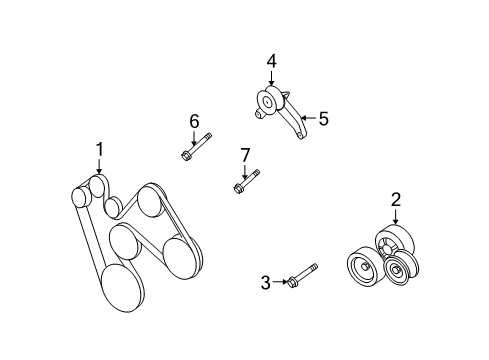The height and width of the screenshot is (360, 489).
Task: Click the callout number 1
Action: coord(100,149)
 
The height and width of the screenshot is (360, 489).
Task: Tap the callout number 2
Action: coord(396,199)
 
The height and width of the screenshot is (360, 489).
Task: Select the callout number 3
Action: coord(266,283)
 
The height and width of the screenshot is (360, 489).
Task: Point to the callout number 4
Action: coord(271,61)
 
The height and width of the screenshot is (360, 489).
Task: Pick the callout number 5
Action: coord(322,118)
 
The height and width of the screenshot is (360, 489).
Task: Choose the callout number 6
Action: coord(194,121)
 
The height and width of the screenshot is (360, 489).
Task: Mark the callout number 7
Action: coord(244,154)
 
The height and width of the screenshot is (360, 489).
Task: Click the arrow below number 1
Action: coord(100,168)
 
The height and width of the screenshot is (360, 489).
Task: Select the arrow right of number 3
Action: coord(281,283)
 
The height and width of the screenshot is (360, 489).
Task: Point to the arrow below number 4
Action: coord(271,80)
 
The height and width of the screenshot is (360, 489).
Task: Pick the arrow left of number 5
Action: coord(307,118)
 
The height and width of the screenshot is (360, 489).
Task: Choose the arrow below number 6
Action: coord(194,138)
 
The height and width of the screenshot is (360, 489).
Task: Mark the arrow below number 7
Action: coord(244,170)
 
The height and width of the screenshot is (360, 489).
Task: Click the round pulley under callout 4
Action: coord(269,102)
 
